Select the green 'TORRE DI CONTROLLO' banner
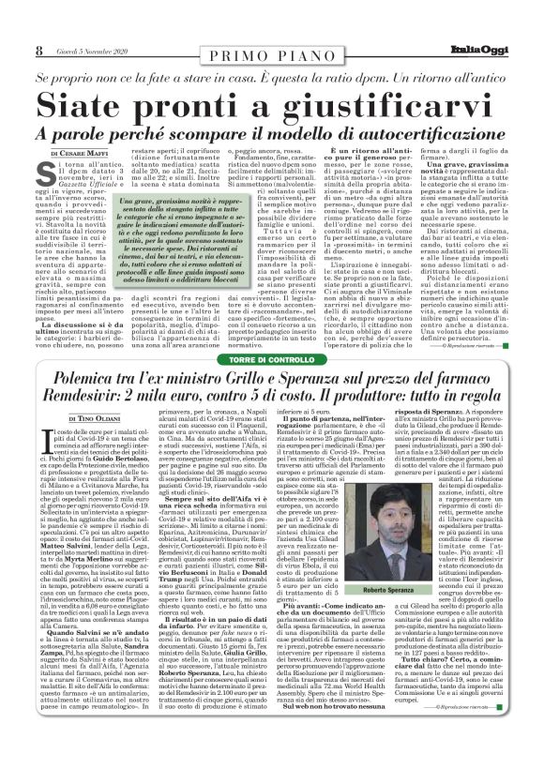tap(271, 360)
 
